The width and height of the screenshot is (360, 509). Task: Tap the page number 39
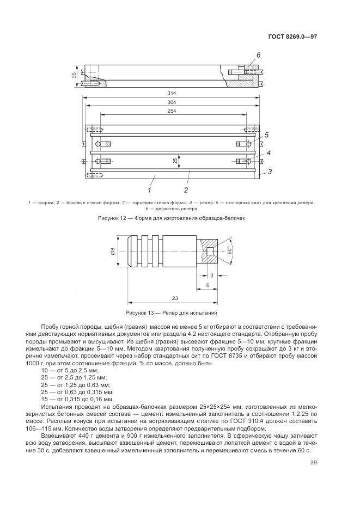(313, 463)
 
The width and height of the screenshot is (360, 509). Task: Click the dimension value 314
(173, 94)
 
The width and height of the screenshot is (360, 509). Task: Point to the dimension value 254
(173, 112)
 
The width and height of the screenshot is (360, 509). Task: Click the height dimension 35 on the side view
(74, 75)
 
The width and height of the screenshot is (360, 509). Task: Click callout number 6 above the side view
(258, 56)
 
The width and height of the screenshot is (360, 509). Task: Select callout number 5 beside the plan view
(267, 135)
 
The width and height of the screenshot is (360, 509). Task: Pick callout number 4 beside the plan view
(269, 154)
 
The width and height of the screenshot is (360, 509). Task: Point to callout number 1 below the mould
(149, 191)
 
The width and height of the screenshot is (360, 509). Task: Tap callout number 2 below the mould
(186, 191)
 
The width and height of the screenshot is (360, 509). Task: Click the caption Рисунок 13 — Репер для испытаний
(172, 314)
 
